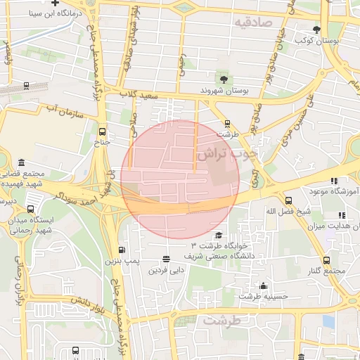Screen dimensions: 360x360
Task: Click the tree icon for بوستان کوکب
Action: coord(317,30)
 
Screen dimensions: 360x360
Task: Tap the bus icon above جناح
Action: coord(103,131)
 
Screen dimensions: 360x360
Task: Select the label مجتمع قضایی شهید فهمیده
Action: coord(28,179)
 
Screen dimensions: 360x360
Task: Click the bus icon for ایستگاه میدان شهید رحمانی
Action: coord(30,209)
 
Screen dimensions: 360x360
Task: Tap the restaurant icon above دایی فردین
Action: coord(166,259)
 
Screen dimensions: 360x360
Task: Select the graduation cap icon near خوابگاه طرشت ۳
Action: coord(219,236)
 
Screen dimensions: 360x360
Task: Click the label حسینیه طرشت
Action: coord(263,297)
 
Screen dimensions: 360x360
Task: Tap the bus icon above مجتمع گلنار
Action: coord(326,261)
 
